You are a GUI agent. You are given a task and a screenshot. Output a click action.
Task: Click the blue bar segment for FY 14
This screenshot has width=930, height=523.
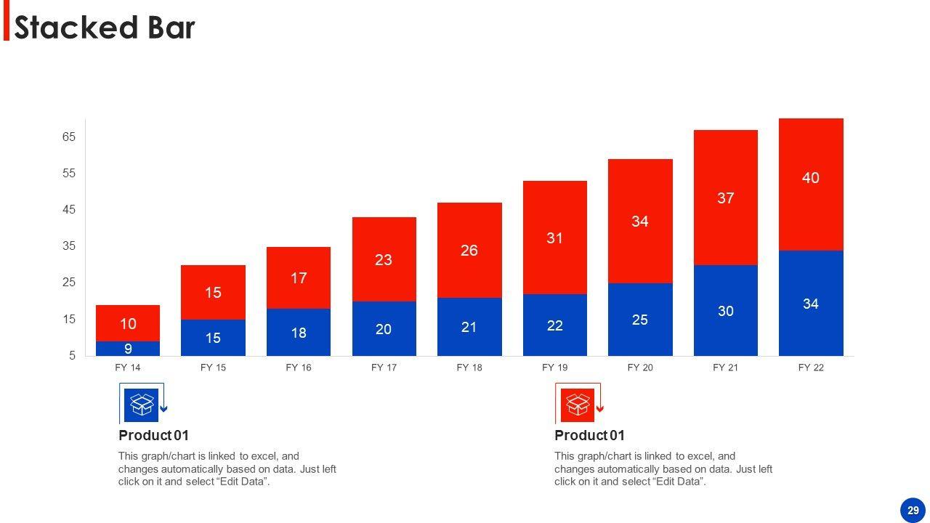[x=128, y=349]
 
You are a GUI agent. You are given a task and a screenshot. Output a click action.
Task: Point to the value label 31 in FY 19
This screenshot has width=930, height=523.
[x=554, y=238]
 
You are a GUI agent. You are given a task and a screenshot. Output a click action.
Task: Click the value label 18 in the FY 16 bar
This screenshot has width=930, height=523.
[x=299, y=333]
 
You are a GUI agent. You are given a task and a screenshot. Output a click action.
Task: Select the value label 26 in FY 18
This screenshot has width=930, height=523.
[x=469, y=251]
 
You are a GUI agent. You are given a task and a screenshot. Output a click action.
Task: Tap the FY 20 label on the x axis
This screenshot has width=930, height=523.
[x=640, y=368]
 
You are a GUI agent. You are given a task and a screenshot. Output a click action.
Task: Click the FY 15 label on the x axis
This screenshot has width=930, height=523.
[x=213, y=368]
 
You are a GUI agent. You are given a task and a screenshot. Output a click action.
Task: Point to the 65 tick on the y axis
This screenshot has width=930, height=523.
[x=69, y=137]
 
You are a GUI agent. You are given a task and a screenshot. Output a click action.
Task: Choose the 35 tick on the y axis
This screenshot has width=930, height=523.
[x=69, y=246]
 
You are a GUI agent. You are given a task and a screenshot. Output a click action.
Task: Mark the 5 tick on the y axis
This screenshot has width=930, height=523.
[x=72, y=356]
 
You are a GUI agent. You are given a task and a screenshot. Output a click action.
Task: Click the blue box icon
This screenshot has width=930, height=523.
[x=141, y=405]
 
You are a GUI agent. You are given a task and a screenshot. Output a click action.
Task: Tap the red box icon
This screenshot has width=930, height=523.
[x=578, y=405]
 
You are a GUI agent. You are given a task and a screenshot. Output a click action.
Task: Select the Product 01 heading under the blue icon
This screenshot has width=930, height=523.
[x=153, y=436]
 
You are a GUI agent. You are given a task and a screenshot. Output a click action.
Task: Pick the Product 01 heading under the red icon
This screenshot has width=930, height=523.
[x=589, y=436]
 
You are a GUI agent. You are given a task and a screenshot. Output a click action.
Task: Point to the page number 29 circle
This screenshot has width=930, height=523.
[x=913, y=511]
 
